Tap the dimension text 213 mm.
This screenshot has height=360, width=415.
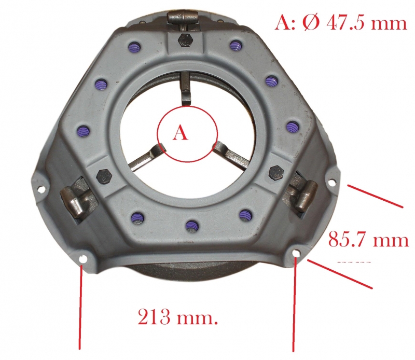[177, 317]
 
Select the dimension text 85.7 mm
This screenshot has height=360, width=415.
[368, 239]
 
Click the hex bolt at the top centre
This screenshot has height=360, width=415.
[185, 40]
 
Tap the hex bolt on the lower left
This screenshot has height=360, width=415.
[104, 176]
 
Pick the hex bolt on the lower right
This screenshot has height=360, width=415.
[276, 173]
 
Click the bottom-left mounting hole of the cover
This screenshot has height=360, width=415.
[84, 259]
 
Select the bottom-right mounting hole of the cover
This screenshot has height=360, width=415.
[296, 254]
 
